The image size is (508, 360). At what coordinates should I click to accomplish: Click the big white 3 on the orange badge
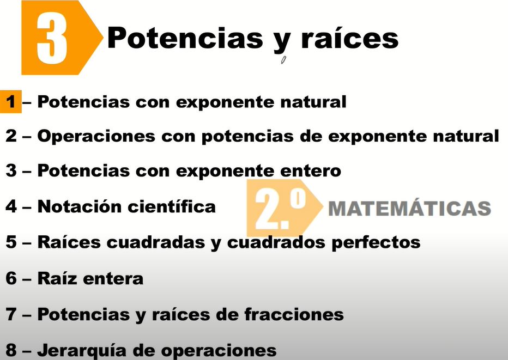tap(52, 38)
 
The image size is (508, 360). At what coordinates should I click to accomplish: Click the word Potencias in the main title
tap(185, 38)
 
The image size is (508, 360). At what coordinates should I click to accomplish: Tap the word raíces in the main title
tap(349, 38)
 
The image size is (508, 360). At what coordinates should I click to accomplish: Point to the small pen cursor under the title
tap(283, 60)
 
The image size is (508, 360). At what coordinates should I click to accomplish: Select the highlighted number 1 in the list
tap(11, 102)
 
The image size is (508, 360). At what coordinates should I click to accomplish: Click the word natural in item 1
tap(313, 102)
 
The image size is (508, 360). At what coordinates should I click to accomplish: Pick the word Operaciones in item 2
tap(96, 136)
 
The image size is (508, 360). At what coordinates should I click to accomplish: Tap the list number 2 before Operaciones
tap(11, 136)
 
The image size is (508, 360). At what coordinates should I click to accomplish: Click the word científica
tap(172, 206)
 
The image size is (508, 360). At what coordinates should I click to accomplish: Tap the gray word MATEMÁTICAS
tap(409, 208)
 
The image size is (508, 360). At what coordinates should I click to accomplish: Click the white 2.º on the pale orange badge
tap(280, 209)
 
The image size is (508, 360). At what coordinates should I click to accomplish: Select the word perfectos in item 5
tap(376, 242)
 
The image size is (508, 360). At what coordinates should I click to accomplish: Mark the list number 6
tap(11, 278)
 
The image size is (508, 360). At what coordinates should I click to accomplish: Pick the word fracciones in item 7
tap(294, 314)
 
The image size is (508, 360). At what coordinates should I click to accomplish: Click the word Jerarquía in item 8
tap(82, 350)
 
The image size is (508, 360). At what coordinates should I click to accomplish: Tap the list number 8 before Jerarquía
tap(11, 350)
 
